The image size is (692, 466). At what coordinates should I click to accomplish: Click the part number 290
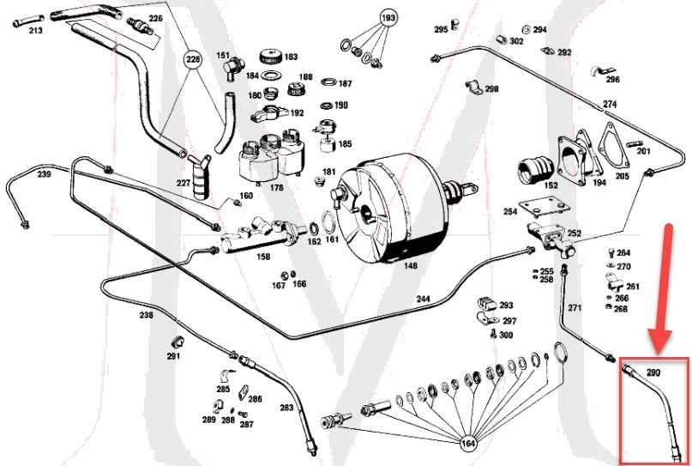[653, 373]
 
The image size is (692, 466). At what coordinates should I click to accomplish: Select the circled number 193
[388, 18]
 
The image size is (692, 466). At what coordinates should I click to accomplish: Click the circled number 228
[194, 59]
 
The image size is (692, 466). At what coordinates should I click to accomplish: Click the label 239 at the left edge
[44, 174]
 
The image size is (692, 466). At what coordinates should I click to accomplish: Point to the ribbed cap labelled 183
[269, 57]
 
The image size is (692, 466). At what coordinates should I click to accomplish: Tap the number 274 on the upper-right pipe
[610, 105]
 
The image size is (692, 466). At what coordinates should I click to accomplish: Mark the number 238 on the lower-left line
[147, 315]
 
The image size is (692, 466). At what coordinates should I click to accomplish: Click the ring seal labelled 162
[315, 229]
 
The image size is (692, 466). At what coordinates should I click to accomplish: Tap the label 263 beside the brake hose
[286, 407]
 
